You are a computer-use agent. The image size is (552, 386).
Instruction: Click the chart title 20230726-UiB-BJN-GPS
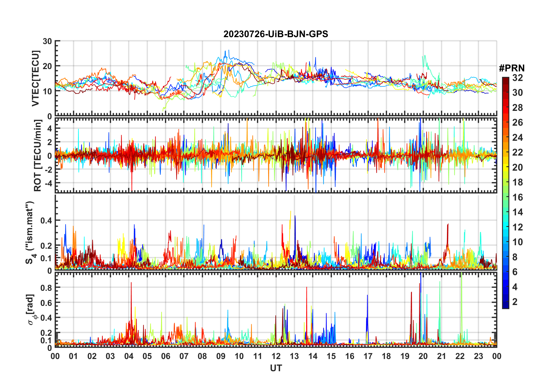pyautogui.click(x=275, y=34)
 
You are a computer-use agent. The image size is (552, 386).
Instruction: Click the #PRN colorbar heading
pyautogui.click(x=512, y=68)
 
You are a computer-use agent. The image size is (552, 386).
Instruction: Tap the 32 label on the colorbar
pyautogui.click(x=517, y=78)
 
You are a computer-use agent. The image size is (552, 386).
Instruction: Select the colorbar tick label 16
pyautogui.click(x=517, y=197)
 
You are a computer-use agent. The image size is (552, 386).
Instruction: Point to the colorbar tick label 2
pyautogui.click(x=515, y=302)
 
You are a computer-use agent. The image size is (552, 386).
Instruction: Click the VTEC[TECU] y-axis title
pyautogui.click(x=35, y=79)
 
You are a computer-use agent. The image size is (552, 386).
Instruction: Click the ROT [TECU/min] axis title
pyautogui.click(x=38, y=156)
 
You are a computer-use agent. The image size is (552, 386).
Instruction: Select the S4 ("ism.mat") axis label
pyautogui.click(x=30, y=232)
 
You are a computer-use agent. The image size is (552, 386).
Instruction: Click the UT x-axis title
pyautogui.click(x=276, y=368)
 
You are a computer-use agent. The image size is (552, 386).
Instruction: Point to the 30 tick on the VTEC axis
pyautogui.click(x=47, y=41)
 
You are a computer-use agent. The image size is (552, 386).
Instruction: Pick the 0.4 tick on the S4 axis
pyautogui.click(x=46, y=221)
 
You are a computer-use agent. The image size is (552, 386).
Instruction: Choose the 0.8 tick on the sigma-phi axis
pyautogui.click(x=46, y=288)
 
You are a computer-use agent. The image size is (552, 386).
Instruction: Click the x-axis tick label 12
pyautogui.click(x=276, y=356)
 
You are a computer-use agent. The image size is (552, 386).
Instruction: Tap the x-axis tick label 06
pyautogui.click(x=165, y=356)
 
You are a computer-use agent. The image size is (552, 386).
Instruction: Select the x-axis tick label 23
pyautogui.click(x=478, y=356)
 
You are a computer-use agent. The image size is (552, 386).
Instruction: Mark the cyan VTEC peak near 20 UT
pyautogui.click(x=425, y=56)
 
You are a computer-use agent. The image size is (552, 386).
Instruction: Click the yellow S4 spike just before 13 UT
pyautogui.click(x=291, y=212)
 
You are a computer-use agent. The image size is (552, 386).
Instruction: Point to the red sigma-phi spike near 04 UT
pyautogui.click(x=131, y=283)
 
